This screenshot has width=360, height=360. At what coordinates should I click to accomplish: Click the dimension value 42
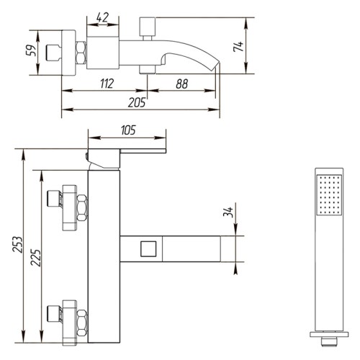102,17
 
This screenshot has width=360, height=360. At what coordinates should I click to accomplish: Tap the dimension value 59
31,50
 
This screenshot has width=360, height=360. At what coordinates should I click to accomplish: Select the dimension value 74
238,47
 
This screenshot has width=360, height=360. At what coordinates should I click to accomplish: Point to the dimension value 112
107,84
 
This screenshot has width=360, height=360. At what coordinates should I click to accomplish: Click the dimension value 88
182,84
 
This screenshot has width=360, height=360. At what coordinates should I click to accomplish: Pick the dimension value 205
137,102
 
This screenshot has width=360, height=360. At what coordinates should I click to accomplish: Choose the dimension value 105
128,130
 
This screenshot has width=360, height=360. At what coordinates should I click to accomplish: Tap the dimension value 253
17,244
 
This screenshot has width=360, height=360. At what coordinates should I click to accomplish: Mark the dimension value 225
35,258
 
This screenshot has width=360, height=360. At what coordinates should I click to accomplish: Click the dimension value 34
228,212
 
